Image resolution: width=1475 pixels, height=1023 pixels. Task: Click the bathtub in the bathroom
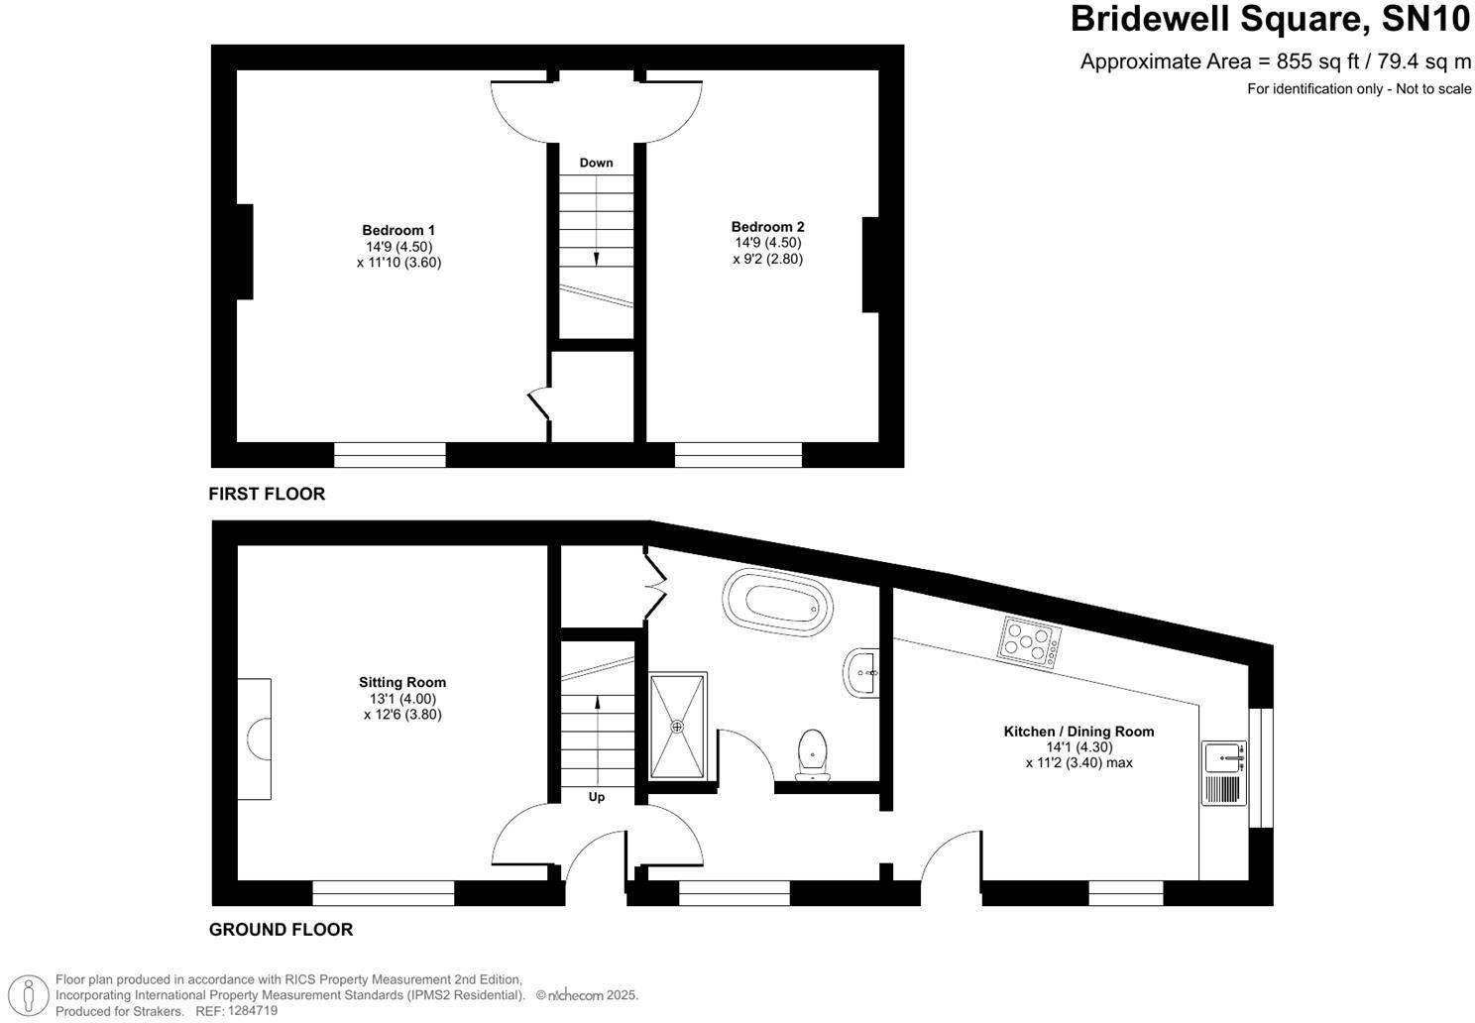click(x=778, y=601)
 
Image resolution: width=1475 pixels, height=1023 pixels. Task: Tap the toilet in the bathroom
click(x=813, y=755)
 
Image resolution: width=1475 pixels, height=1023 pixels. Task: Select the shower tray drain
click(x=678, y=727)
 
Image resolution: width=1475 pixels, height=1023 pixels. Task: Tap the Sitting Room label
click(x=402, y=682)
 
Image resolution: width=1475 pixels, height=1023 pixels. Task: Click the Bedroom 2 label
click(x=768, y=226)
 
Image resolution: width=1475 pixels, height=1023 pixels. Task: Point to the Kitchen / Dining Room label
click(x=1078, y=732)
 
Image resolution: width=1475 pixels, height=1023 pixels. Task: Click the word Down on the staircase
click(x=597, y=163)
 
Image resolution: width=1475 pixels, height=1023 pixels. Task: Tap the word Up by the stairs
click(x=597, y=797)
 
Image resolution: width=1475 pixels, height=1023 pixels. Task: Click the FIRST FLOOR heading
click(x=267, y=494)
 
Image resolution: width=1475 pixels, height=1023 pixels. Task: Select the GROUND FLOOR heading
click(x=281, y=930)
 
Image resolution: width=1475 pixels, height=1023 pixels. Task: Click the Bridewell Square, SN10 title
click(x=1271, y=20)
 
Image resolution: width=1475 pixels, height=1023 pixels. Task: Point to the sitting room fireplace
click(x=255, y=739)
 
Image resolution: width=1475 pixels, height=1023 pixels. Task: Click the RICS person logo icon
click(x=34, y=995)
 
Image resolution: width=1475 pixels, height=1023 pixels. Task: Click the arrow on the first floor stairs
click(x=597, y=257)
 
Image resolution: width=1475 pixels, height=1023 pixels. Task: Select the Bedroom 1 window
click(x=390, y=455)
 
